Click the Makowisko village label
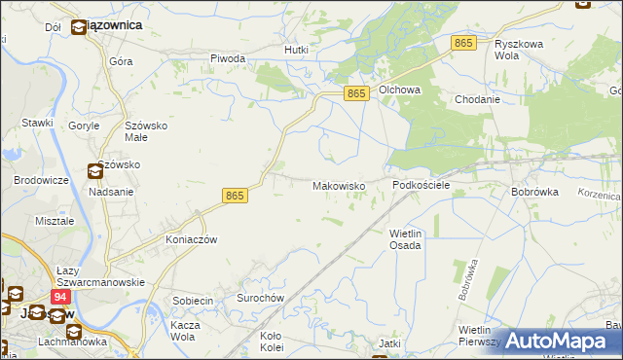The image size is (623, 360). [x=338, y=185]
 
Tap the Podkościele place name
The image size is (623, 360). [x=421, y=185]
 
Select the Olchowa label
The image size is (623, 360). [x=399, y=90]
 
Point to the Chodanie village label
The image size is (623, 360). [x=477, y=99]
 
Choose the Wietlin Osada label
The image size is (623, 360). [x=405, y=239]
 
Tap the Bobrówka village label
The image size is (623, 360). [x=534, y=192]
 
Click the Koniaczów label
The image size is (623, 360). [x=191, y=239]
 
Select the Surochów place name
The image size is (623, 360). [x=260, y=298]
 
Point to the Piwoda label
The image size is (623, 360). [x=228, y=58]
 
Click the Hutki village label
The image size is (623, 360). [x=296, y=49]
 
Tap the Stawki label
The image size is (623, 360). [x=37, y=123]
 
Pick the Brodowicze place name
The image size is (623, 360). [x=41, y=181]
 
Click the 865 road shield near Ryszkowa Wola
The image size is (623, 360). [x=463, y=43]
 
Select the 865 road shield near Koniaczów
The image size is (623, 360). [x=235, y=196]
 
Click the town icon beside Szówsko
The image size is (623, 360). [x=95, y=172]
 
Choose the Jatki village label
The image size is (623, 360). [x=389, y=344]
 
